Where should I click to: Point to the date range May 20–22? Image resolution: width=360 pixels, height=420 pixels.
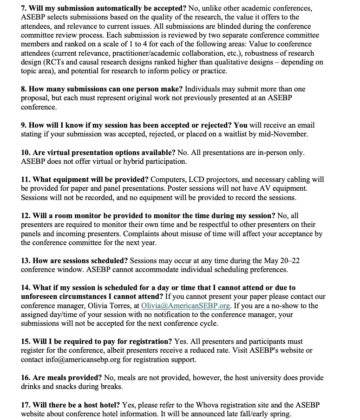[x=282, y=260]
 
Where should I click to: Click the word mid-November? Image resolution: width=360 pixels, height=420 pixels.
[x=285, y=134]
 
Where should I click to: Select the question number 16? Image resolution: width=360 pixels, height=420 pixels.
[x=26, y=377]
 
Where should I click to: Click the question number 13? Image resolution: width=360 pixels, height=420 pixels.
[x=26, y=260]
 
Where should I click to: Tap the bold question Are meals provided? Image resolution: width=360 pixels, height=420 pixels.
[x=73, y=377]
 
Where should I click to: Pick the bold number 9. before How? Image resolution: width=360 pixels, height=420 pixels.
[x=24, y=125]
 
